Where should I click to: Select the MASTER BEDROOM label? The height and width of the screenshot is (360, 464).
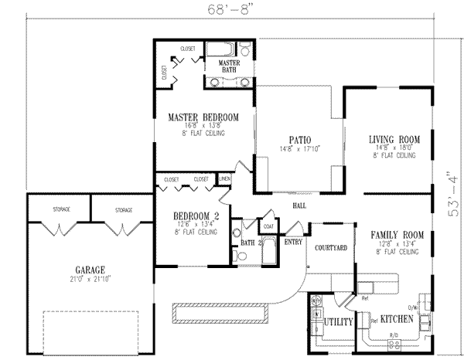[x=203, y=117]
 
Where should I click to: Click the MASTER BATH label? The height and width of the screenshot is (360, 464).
[x=229, y=66]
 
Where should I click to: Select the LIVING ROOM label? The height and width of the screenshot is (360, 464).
[x=393, y=140]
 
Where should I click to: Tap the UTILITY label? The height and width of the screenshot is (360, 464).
[x=339, y=321]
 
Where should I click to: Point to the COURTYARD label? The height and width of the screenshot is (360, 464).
[x=329, y=247]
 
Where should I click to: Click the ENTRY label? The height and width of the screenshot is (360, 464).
[x=293, y=242]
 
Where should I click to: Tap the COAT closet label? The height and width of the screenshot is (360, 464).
[x=268, y=226]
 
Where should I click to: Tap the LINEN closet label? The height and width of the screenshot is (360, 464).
[x=225, y=179]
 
